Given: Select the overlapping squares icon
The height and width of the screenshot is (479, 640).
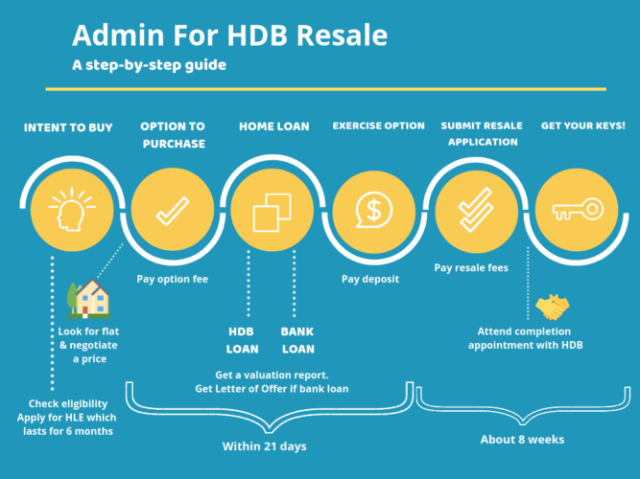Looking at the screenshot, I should [272, 210].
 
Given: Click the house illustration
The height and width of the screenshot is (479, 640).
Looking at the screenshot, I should [90, 299].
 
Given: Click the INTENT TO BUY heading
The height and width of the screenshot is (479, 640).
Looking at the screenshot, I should [69, 125].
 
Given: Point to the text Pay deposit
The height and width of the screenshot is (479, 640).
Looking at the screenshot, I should [369, 279].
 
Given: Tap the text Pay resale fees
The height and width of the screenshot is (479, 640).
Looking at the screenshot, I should [472, 269].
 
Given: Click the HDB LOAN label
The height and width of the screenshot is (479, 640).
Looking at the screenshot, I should [242, 340].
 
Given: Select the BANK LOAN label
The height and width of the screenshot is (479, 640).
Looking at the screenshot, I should [297, 340].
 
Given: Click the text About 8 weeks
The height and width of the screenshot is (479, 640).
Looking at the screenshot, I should [522, 440].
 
